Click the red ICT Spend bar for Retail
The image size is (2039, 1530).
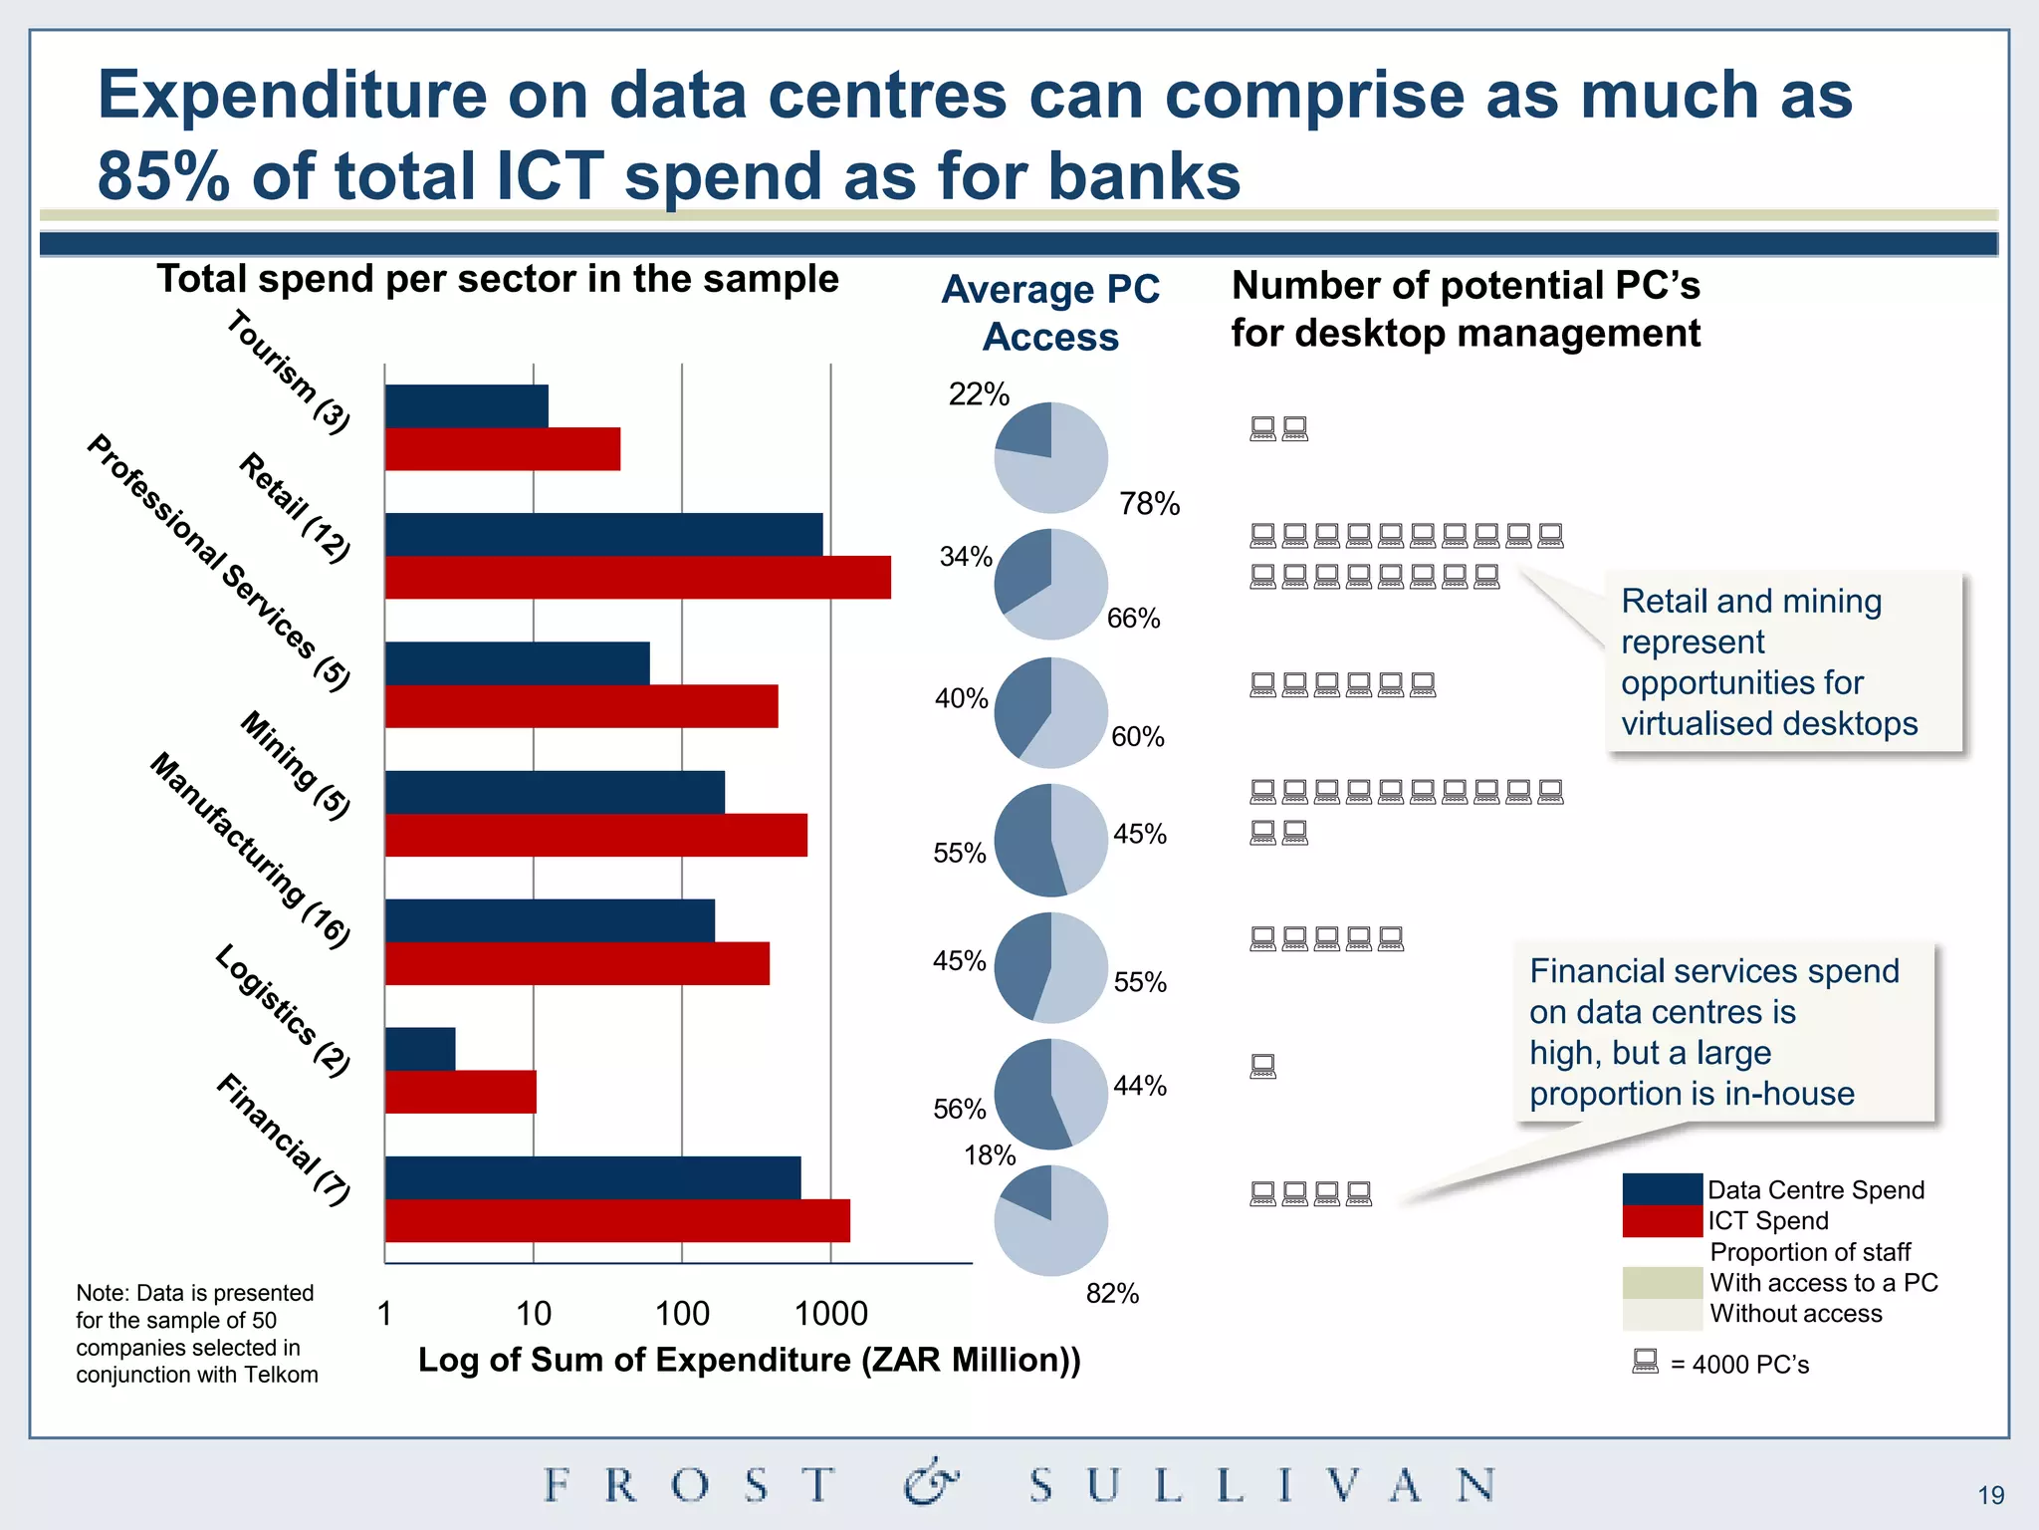(x=637, y=578)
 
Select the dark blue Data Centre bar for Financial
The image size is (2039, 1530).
(x=592, y=1177)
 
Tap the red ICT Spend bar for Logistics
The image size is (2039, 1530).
(x=460, y=1092)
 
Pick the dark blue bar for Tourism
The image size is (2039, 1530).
(x=466, y=406)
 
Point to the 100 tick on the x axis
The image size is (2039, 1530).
(x=682, y=1314)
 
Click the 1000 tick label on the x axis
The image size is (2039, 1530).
(x=830, y=1314)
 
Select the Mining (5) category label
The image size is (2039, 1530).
(x=296, y=765)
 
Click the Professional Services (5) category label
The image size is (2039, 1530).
(x=219, y=563)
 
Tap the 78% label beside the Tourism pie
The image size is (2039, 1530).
(x=1149, y=504)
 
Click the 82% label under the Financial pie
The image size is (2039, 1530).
(x=1112, y=1294)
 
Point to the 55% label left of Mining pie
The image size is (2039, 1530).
(x=959, y=854)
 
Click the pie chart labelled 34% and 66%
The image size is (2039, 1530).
(x=1050, y=585)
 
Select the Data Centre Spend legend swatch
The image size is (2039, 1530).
(x=1662, y=1189)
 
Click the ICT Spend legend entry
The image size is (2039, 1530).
(x=1767, y=1221)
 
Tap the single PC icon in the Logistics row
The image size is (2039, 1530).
(x=1262, y=1067)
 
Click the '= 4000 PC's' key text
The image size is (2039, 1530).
(x=1738, y=1365)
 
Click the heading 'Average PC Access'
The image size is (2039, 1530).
(x=1050, y=313)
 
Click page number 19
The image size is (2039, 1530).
(x=1990, y=1495)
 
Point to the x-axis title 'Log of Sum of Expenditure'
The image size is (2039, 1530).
(x=749, y=1361)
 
